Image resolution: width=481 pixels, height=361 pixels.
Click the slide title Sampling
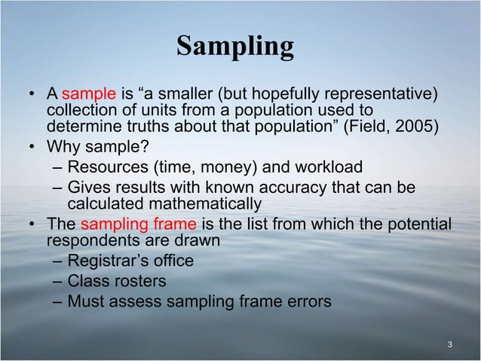tap(234, 47)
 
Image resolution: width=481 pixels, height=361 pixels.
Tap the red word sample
tap(88, 94)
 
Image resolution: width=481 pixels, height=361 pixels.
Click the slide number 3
tap(449, 345)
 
